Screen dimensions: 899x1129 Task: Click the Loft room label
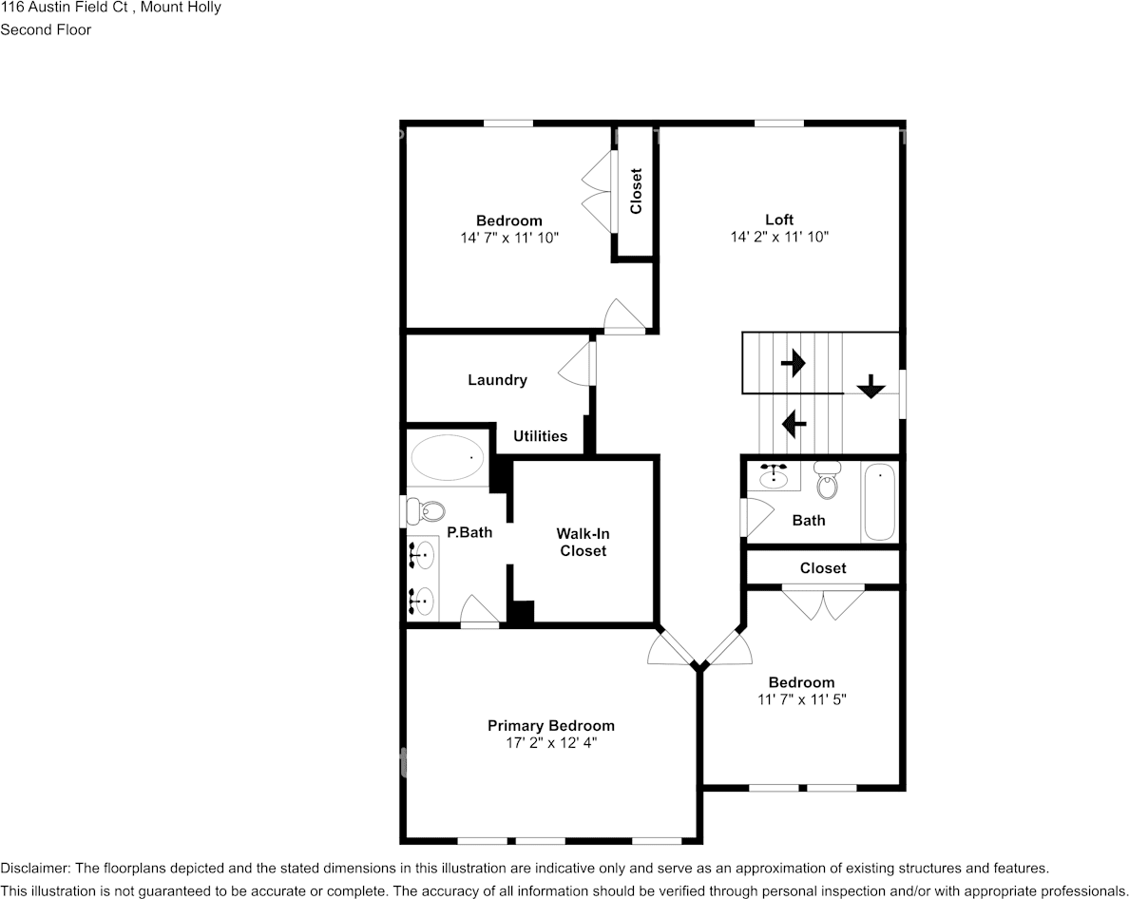tap(779, 220)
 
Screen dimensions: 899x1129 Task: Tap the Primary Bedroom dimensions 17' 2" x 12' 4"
tap(551, 743)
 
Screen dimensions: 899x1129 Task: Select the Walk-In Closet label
tap(583, 543)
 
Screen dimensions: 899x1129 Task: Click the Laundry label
tap(497, 380)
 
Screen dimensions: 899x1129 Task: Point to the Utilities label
tap(541, 436)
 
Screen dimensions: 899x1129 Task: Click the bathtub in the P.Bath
tap(447, 458)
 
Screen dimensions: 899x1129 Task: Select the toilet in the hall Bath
tap(829, 482)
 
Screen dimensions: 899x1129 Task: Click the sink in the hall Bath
tap(777, 474)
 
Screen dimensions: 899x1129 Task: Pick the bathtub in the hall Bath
tap(879, 502)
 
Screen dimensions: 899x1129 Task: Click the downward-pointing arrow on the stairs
tap(871, 386)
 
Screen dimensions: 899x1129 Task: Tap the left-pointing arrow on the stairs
tap(794, 421)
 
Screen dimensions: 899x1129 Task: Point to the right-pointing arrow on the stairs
tap(793, 362)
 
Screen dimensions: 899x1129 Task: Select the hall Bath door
tap(757, 519)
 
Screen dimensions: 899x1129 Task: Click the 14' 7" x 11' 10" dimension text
tap(509, 238)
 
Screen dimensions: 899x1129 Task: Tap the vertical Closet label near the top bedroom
tap(636, 190)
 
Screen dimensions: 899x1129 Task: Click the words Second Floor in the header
tap(46, 29)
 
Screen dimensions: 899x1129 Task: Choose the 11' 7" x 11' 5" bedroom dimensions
tap(801, 699)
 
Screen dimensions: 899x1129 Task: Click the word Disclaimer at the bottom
tap(34, 869)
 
